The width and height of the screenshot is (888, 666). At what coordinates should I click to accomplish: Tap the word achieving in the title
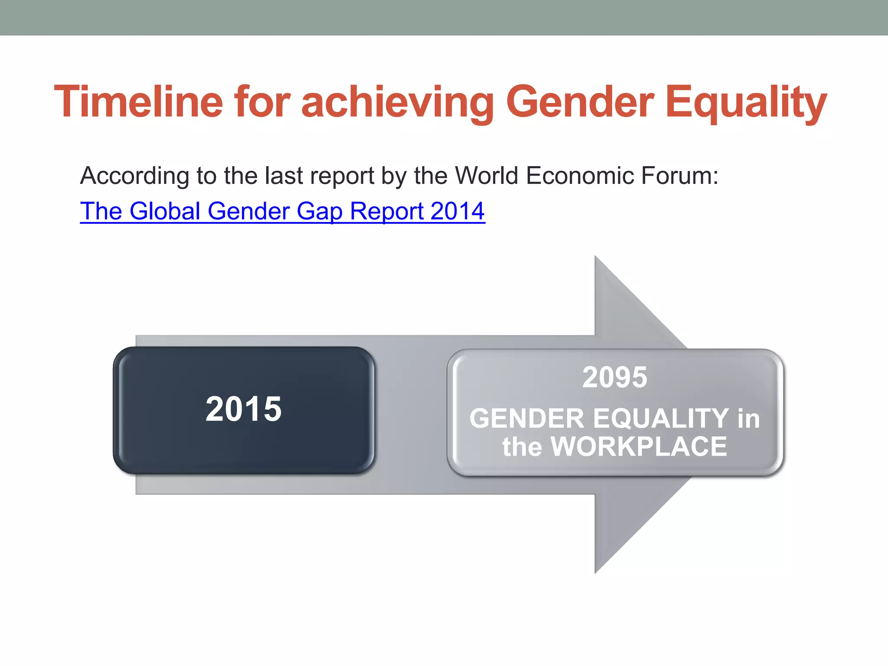397,102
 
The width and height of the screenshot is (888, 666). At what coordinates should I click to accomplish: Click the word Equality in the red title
745,102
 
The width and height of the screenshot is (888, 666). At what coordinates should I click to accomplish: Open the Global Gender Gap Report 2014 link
282,211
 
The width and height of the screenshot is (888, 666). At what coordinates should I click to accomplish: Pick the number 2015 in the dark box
244,409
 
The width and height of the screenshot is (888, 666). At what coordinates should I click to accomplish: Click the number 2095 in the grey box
614,377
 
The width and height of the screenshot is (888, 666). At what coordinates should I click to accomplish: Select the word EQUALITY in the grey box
661,418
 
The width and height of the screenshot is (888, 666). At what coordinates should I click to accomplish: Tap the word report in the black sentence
342,176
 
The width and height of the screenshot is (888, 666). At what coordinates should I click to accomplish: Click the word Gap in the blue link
319,211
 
